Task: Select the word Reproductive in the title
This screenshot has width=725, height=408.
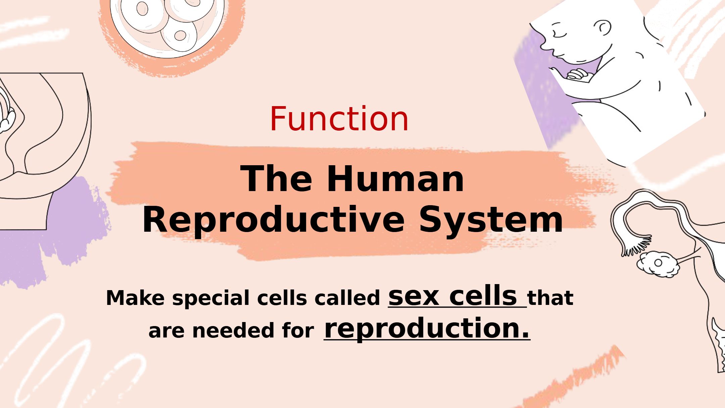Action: pyautogui.click(x=273, y=220)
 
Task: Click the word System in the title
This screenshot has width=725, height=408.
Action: pyautogui.click(x=491, y=220)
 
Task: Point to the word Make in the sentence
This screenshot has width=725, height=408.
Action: pyautogui.click(x=135, y=298)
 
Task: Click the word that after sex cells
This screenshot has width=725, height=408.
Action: pyautogui.click(x=550, y=298)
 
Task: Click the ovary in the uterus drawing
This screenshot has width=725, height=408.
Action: pyautogui.click(x=658, y=264)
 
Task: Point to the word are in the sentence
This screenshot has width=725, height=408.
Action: pyautogui.click(x=166, y=331)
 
